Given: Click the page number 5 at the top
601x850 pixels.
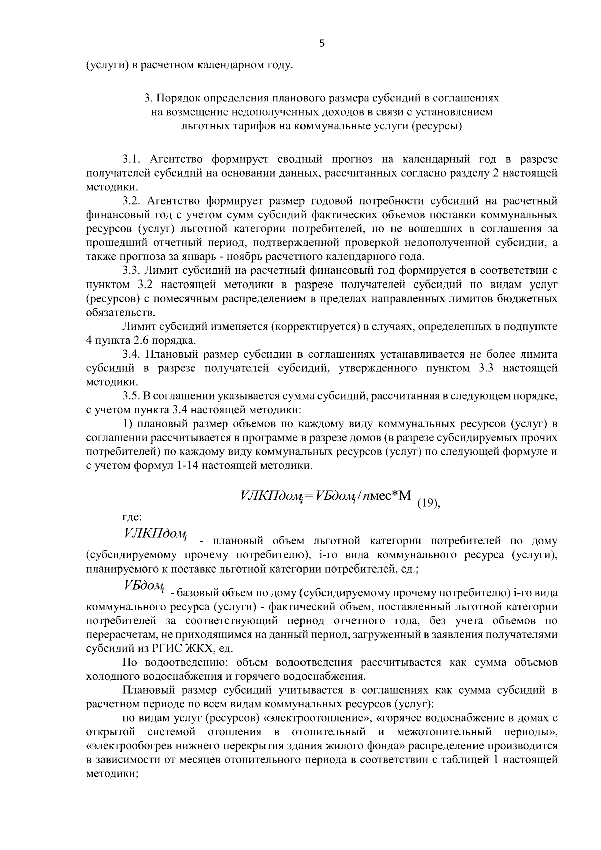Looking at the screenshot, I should point(322,44).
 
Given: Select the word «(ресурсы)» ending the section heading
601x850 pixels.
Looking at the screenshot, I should point(436,126).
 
